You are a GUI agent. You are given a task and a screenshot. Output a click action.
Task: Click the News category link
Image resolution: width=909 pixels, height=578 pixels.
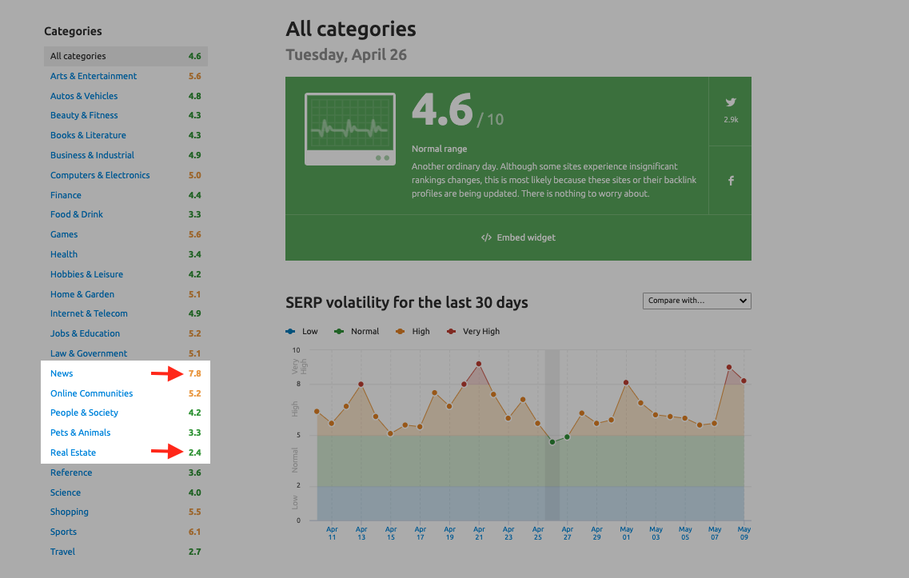[x=62, y=373]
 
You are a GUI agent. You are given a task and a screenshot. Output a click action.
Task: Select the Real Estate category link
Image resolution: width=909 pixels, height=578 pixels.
[x=73, y=452]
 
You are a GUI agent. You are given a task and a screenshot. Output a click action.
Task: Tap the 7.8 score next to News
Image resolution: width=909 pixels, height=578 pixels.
[x=194, y=373]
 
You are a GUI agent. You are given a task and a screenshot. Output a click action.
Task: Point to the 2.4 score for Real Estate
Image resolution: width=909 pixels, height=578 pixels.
[x=194, y=452]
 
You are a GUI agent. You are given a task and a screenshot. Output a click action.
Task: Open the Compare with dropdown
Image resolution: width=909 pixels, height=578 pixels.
[x=697, y=301]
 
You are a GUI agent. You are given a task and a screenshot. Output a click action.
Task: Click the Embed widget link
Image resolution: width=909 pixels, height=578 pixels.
[x=518, y=237]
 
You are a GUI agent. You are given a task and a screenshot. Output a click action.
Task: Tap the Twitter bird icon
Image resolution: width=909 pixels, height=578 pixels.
[x=730, y=102]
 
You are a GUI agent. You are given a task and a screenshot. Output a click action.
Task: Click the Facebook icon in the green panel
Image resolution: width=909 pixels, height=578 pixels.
[x=730, y=181]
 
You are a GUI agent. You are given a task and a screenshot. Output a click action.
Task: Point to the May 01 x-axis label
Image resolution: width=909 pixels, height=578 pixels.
[x=626, y=533]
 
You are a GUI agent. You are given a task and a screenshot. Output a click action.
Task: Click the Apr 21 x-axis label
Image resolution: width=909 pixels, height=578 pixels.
[x=478, y=533]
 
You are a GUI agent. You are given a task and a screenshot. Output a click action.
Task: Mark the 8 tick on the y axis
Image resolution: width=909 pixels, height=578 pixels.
[x=297, y=385]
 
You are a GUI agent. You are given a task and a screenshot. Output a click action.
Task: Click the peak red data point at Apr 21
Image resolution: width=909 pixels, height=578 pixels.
[x=478, y=364]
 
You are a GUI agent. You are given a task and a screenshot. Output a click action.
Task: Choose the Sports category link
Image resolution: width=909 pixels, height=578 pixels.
[x=63, y=532]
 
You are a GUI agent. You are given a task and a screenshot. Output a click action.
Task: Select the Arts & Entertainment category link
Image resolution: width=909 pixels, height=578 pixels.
[x=94, y=76]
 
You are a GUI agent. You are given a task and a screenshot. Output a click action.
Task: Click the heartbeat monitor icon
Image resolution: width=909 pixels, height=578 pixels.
[x=349, y=129]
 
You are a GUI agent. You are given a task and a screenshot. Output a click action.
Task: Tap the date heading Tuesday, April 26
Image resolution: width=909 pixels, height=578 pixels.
[x=346, y=55]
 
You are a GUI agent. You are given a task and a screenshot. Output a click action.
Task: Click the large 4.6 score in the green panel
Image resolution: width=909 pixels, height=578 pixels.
[x=442, y=110]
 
